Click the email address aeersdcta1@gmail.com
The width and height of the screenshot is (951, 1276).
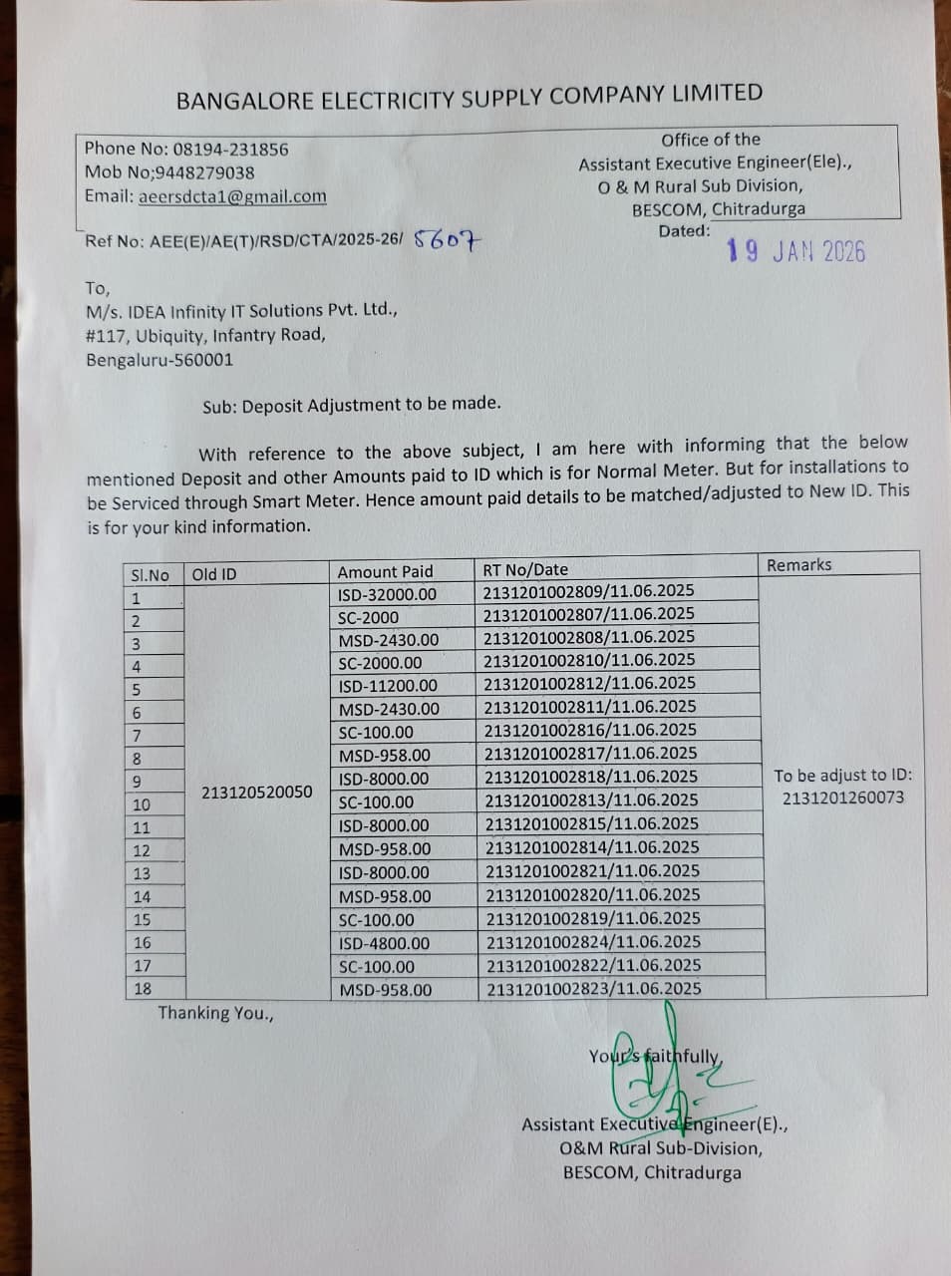(232, 196)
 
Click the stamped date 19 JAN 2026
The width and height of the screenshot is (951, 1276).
(795, 251)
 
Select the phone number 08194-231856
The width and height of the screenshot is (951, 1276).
(230, 150)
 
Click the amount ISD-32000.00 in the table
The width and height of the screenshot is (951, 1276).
(387, 594)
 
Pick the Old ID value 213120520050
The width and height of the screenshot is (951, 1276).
(256, 793)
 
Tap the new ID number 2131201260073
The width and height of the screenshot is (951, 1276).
(843, 797)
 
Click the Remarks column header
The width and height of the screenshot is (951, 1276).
(798, 565)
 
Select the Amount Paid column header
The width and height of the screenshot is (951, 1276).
(385, 572)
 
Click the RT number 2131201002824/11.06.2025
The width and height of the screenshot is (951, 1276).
(593, 942)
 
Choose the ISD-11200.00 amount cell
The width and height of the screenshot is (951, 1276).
(387, 686)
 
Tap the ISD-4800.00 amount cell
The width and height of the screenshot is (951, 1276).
(384, 943)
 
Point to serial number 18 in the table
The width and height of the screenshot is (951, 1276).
(143, 989)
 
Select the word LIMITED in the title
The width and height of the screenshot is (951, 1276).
(717, 94)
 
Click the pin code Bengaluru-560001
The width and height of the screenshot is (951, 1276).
(159, 360)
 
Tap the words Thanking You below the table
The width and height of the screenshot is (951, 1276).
(215, 1014)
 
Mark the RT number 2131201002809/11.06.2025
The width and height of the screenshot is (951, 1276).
(588, 592)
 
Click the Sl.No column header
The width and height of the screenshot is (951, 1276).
(151, 575)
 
